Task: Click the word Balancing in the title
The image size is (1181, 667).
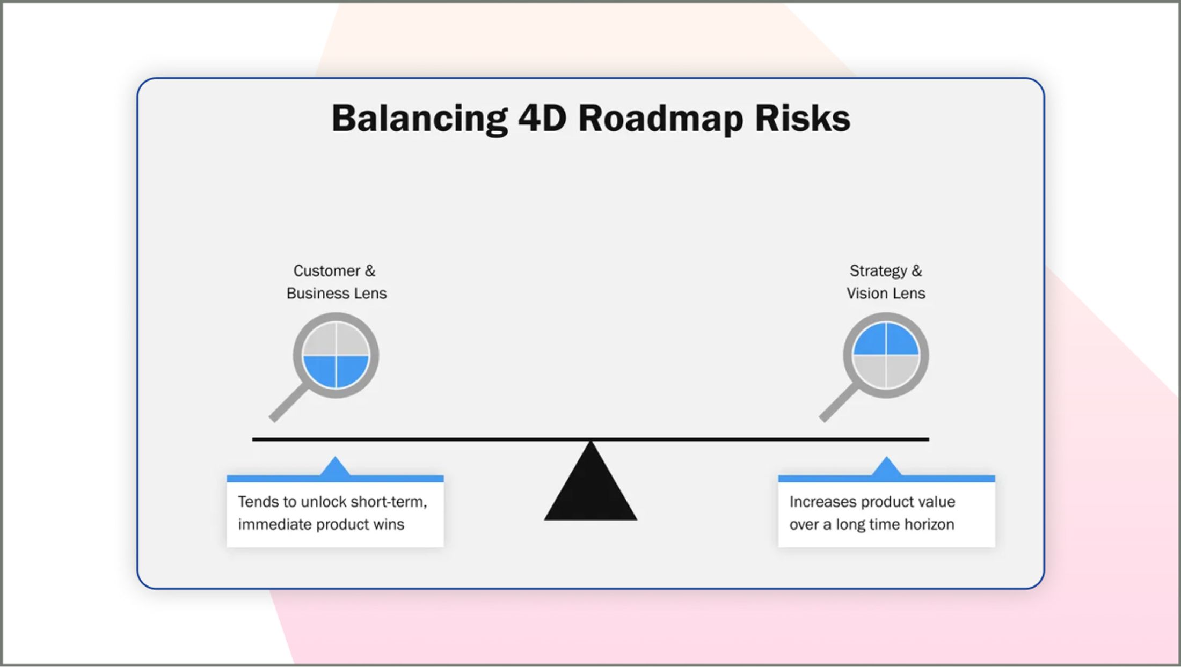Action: tap(419, 119)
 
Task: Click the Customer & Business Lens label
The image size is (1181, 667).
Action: tap(336, 282)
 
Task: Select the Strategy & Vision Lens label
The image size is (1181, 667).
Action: tap(886, 282)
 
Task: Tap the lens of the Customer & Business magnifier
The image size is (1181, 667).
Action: tap(336, 355)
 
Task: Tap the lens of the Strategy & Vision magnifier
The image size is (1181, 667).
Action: tap(886, 355)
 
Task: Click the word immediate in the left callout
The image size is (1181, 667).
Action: tap(275, 524)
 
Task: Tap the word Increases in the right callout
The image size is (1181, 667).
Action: tap(822, 502)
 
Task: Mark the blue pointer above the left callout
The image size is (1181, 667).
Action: tap(335, 467)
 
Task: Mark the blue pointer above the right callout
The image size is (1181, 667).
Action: tap(886, 467)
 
